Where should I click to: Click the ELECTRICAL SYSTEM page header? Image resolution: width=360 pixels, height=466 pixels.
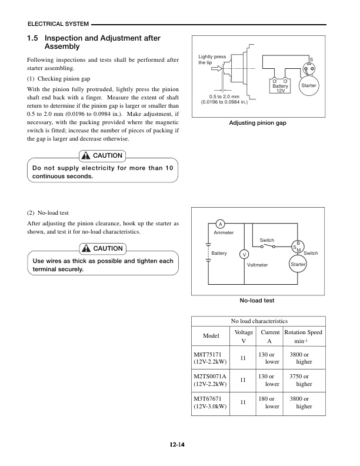click(58, 24)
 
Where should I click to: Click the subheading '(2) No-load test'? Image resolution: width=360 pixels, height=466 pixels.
click(48, 213)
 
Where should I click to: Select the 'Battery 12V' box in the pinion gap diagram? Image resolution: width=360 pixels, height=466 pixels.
click(280, 88)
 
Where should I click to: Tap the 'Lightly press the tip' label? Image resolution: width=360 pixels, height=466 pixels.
click(212, 59)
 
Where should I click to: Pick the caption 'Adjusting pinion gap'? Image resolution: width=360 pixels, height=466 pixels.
click(257, 124)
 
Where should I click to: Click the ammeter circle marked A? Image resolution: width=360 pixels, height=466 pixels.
click(219, 224)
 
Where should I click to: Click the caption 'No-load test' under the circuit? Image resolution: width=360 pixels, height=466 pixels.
click(257, 301)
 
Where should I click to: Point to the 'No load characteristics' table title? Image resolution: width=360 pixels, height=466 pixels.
click(259, 322)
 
